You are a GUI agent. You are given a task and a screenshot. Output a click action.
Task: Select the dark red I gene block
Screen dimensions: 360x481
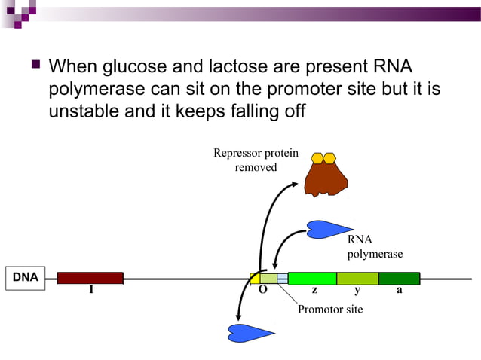tap(90, 278)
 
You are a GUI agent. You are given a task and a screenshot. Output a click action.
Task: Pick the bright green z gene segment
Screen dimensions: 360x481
tap(311, 278)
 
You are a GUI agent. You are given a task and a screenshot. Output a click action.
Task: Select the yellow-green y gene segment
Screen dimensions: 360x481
tap(357, 278)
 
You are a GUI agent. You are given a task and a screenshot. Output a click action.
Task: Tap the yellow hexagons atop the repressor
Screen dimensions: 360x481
tap(323, 158)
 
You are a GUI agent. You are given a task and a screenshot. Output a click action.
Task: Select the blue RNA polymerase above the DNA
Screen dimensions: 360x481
tap(329, 229)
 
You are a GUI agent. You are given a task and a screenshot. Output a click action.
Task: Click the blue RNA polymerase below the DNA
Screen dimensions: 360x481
tap(251, 331)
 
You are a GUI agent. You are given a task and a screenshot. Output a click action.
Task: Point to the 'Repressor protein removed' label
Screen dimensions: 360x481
tap(256, 160)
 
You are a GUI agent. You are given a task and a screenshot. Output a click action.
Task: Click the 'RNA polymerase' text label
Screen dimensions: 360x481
tap(374, 247)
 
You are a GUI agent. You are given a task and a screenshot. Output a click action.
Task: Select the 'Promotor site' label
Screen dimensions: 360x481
tap(329, 310)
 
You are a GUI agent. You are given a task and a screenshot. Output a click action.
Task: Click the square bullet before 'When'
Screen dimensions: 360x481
tap(33, 67)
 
